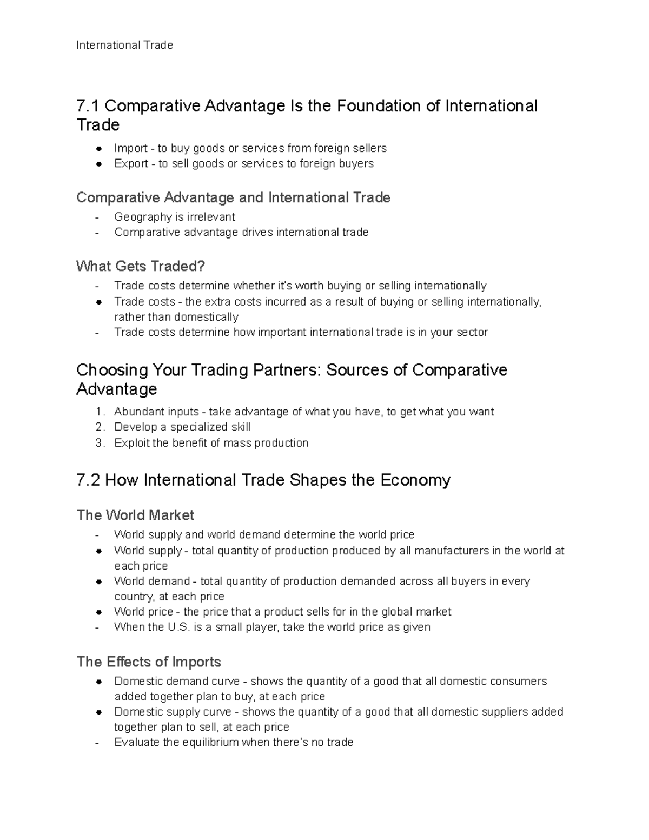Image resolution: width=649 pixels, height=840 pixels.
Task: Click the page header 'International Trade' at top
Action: [124, 45]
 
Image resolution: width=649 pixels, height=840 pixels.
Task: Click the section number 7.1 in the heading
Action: [88, 106]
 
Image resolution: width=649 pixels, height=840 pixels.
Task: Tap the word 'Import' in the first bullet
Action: [130, 148]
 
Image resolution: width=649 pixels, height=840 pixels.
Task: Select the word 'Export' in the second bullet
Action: [131, 163]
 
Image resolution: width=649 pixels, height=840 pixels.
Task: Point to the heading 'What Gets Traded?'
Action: [141, 266]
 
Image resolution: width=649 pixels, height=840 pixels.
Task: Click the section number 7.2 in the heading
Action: [88, 480]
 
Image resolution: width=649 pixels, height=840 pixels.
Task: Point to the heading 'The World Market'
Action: [135, 515]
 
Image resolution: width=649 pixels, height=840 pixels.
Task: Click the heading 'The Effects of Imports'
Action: [149, 662]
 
